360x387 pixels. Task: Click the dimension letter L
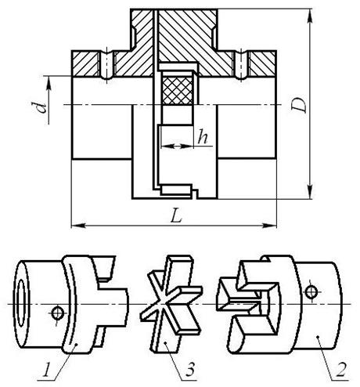coord(176,215)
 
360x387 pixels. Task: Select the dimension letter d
coord(41,107)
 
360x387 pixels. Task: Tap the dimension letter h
coord(203,136)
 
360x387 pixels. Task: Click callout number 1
coord(46,369)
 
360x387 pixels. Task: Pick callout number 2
coord(341,370)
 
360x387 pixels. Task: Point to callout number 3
coord(190,369)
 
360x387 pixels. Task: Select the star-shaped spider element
coord(171,304)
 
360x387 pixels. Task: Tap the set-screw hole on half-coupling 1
coord(57,313)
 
